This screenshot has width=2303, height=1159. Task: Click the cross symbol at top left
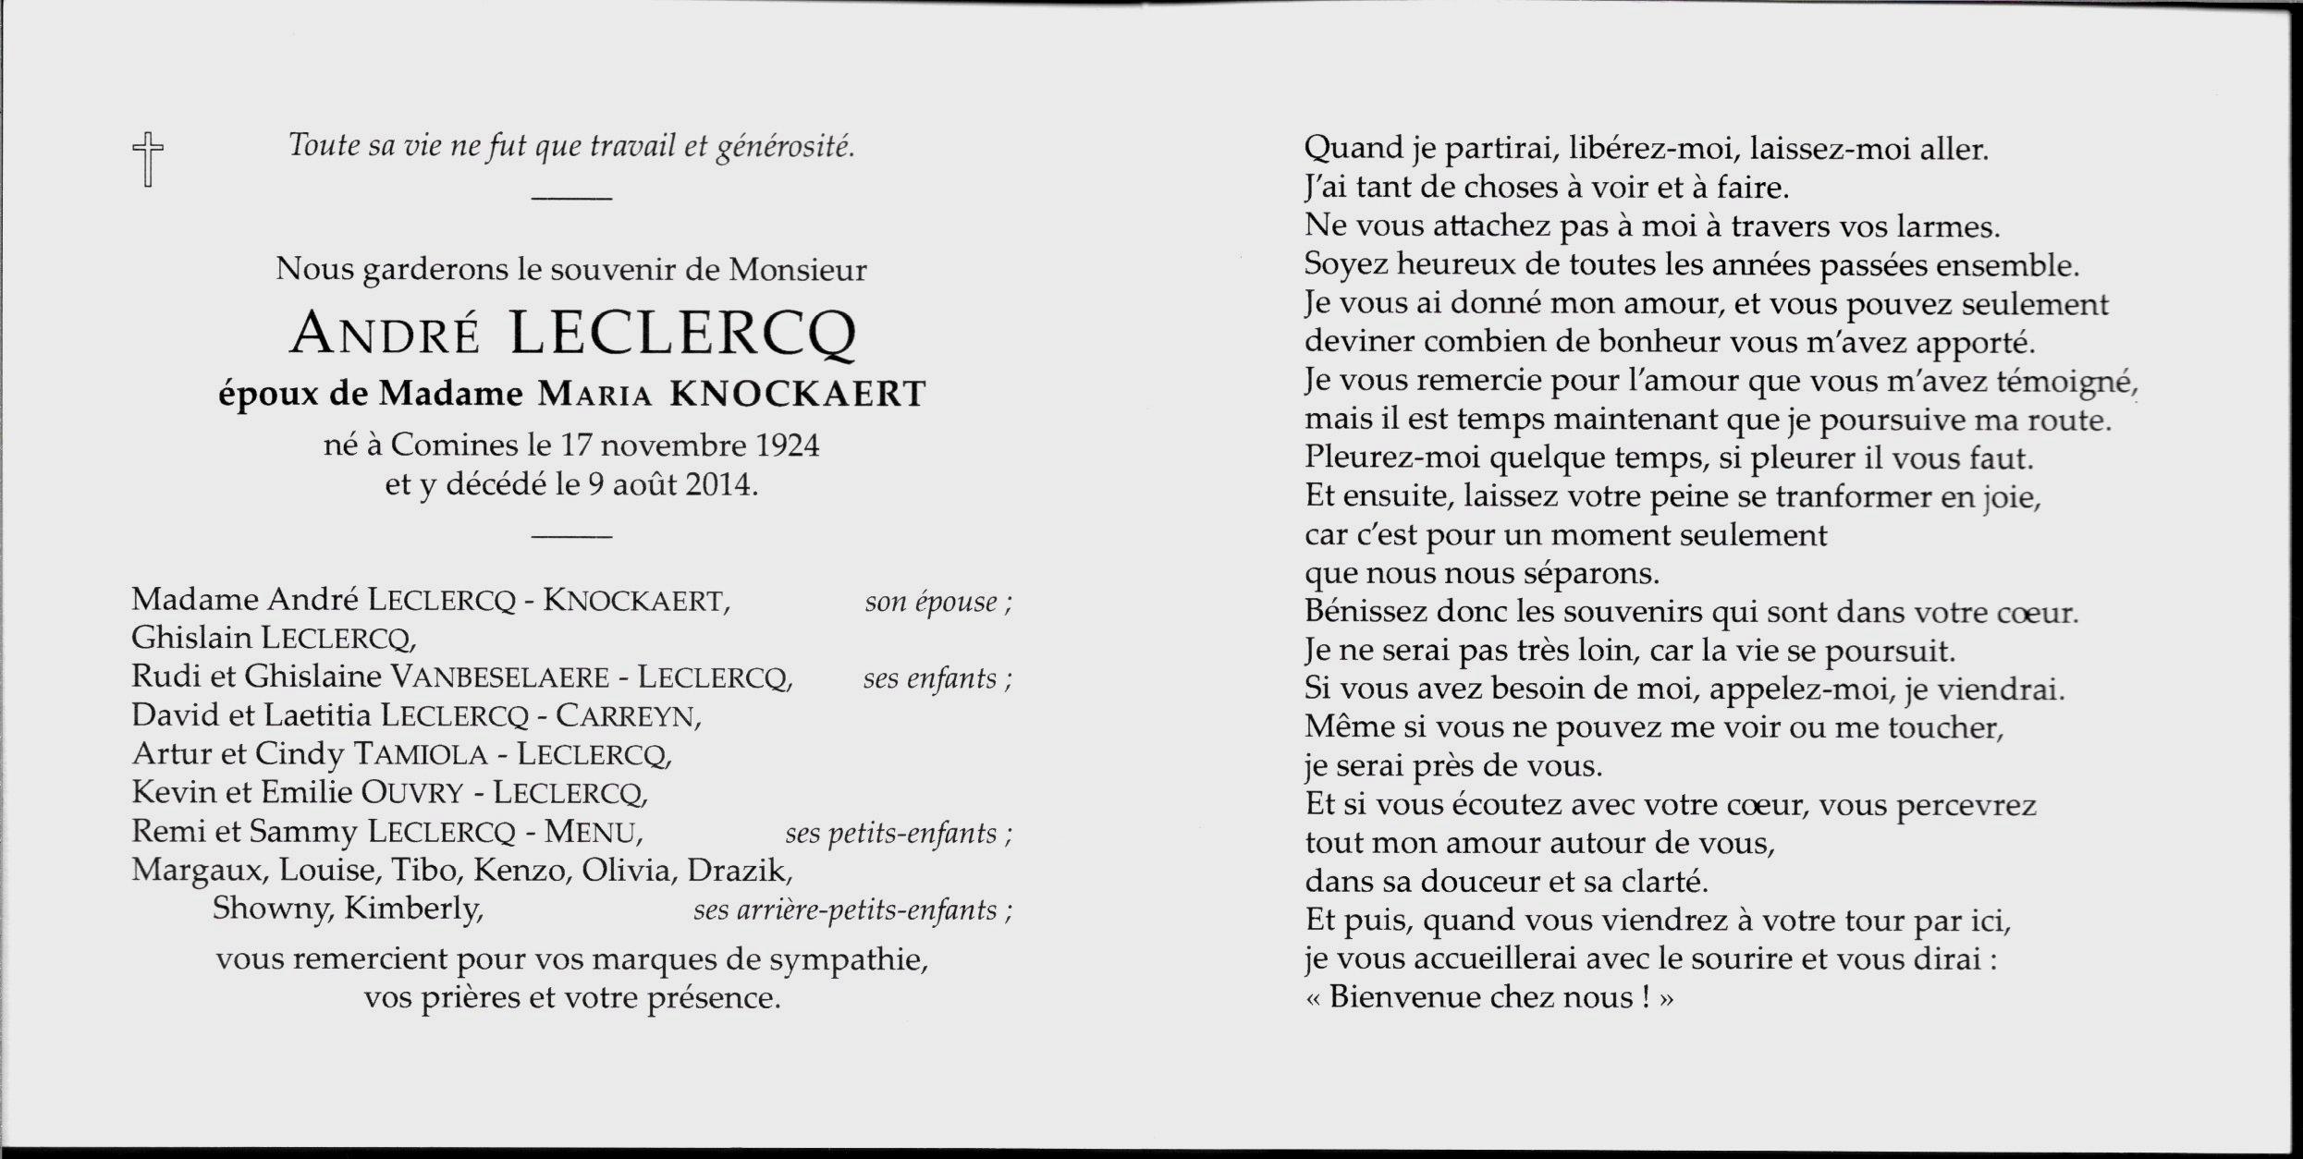[x=148, y=159]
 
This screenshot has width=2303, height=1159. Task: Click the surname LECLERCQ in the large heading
[x=682, y=334]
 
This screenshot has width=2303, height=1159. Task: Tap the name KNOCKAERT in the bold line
[x=797, y=395]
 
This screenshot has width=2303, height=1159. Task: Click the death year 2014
[x=719, y=484]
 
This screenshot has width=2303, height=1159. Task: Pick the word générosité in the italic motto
[x=785, y=147]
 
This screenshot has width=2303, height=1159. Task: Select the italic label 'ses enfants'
[x=937, y=679]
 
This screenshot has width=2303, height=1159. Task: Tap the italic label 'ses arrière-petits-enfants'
[x=851, y=910]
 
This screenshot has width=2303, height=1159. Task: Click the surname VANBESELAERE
[x=500, y=677]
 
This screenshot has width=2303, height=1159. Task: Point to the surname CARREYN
[x=628, y=716]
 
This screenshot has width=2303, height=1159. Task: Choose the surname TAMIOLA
[x=421, y=755]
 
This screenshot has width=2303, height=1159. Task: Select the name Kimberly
[x=413, y=909]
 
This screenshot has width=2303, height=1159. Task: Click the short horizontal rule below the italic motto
[x=572, y=199]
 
